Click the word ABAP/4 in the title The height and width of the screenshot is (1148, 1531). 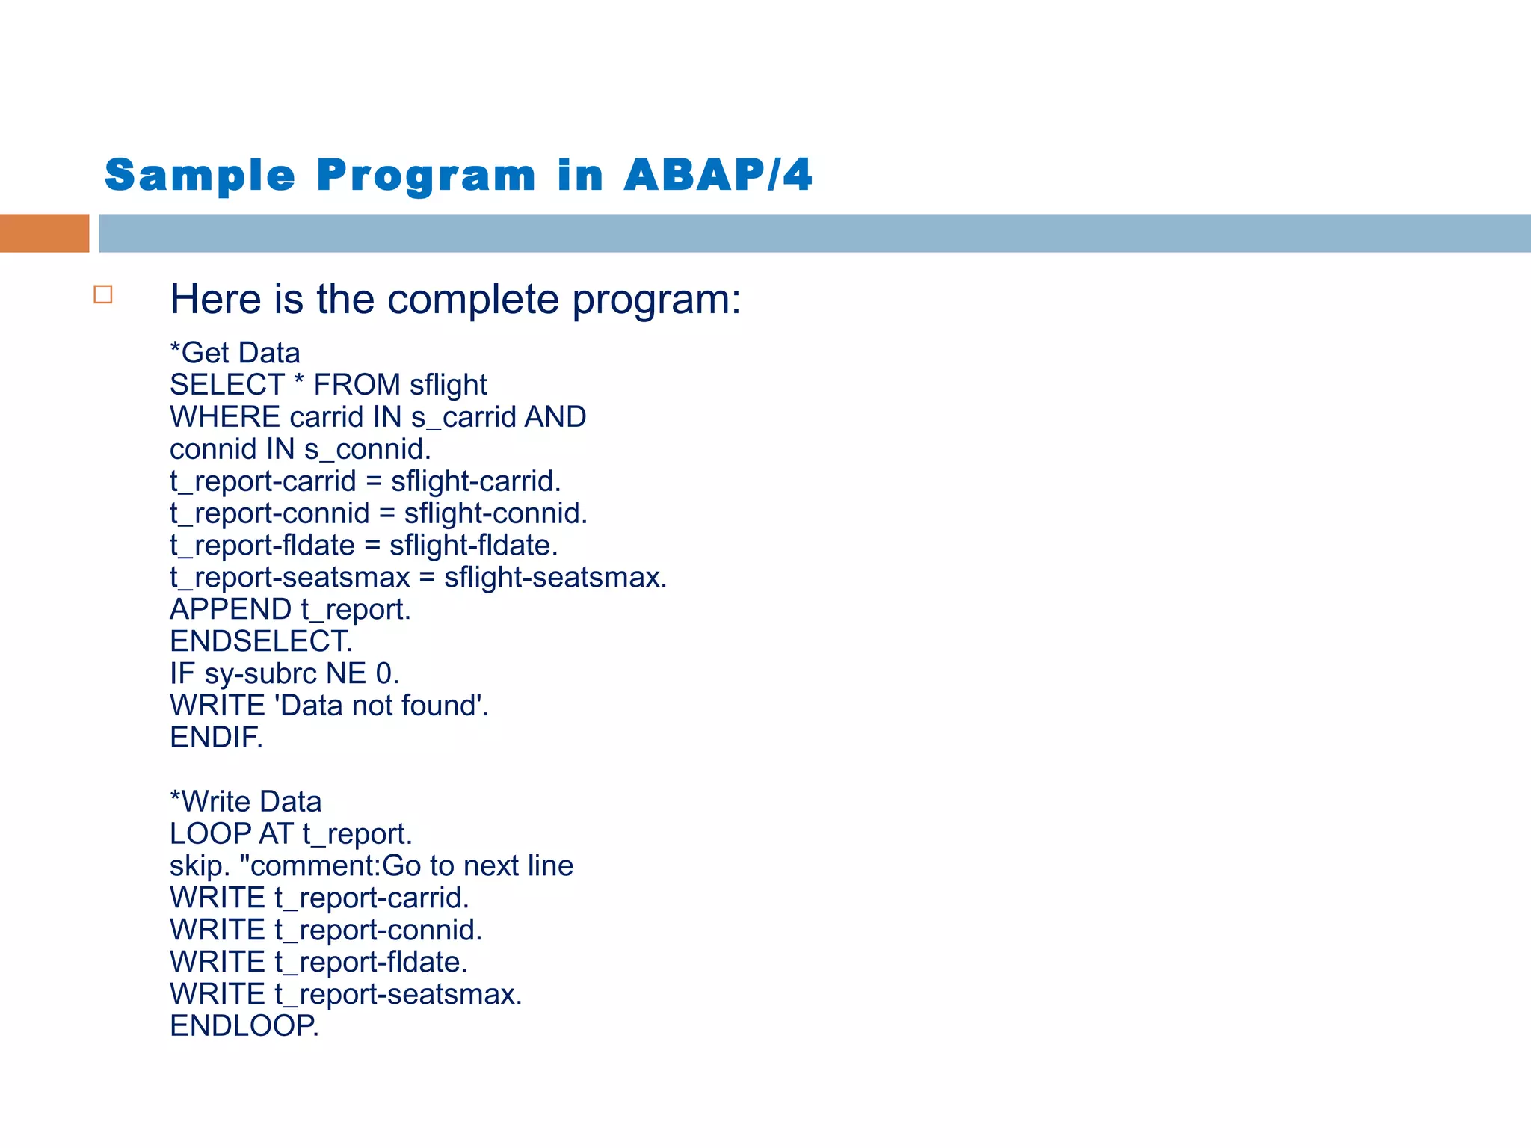718,176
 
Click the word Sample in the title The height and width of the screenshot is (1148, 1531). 200,176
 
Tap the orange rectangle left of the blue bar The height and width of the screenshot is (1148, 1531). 44,233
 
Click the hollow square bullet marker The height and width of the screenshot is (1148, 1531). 103,294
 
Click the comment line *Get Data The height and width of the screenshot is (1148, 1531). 235,353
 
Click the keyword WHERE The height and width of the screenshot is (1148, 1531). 224,417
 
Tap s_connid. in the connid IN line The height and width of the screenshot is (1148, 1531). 367,449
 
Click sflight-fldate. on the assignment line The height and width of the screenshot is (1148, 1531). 473,546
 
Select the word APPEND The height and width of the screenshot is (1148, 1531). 230,610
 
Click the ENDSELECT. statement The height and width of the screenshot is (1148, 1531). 261,642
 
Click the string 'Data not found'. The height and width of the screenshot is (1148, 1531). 382,706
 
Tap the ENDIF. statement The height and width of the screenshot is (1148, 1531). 216,738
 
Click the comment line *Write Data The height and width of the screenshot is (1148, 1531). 245,802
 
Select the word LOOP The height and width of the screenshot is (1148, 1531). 210,834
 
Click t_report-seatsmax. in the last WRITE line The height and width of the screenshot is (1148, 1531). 398,995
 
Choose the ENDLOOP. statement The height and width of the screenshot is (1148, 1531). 244,1026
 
